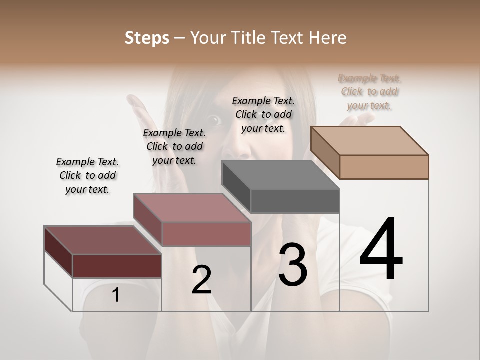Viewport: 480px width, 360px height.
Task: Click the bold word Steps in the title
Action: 147,38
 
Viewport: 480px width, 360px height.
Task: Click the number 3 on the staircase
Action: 293,264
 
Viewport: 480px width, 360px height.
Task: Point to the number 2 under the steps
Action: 201,280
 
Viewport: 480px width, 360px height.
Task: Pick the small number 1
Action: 115,295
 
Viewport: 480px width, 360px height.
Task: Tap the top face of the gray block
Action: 280,175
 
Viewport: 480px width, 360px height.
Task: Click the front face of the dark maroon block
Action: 117,266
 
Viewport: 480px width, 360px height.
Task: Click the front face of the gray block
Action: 295,201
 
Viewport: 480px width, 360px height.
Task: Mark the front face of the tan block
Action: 384,167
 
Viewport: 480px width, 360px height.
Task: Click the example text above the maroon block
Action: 87,175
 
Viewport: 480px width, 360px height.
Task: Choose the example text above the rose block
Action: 174,146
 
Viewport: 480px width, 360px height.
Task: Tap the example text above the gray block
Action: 263,114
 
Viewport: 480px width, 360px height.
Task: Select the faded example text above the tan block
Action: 369,92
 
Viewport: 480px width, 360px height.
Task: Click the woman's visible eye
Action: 214,119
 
